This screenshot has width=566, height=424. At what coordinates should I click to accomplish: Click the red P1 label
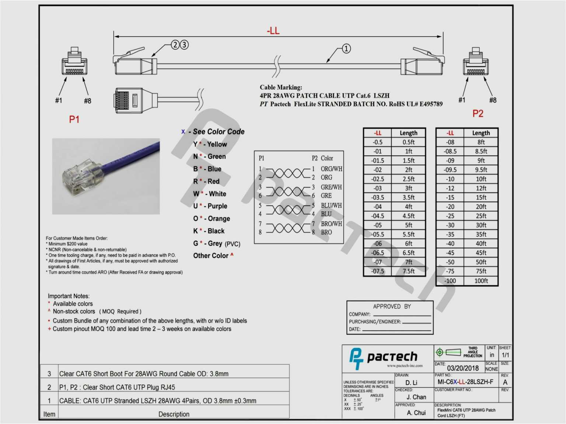[74, 119]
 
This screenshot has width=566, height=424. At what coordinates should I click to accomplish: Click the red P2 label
[478, 114]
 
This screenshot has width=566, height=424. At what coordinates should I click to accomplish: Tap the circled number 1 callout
[346, 49]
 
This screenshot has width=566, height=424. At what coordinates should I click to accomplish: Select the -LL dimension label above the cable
[273, 31]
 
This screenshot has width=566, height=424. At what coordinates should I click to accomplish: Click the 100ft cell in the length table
[481, 281]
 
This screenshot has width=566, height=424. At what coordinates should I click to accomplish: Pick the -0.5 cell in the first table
[377, 142]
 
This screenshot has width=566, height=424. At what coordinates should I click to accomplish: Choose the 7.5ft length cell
[408, 271]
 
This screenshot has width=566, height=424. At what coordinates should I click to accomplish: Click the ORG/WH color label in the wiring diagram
[331, 169]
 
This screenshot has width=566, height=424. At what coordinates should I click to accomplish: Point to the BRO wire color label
[326, 232]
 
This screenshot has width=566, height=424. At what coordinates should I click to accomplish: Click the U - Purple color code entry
[210, 206]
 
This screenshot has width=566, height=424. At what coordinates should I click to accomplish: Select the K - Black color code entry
[209, 231]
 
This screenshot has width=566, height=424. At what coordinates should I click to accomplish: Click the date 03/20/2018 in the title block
[462, 368]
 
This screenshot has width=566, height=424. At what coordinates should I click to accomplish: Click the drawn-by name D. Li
[411, 383]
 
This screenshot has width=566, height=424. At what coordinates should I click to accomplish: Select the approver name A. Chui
[416, 413]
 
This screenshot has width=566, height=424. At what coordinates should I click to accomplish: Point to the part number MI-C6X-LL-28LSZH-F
[465, 382]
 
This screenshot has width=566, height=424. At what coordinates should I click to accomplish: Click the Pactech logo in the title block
[383, 357]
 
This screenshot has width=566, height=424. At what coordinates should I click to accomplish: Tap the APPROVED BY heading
[392, 307]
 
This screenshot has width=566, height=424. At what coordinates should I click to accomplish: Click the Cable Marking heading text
[281, 87]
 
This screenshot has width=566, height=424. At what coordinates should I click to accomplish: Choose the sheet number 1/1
[505, 355]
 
